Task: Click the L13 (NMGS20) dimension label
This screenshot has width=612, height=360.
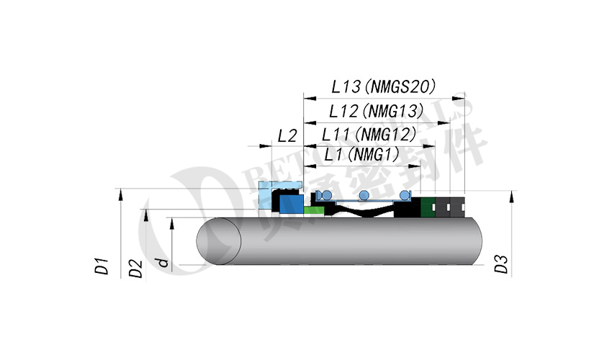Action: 384,87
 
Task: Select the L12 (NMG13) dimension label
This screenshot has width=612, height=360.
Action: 374,112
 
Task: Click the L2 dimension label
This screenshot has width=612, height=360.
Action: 287,135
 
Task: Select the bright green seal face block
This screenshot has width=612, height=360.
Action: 314,210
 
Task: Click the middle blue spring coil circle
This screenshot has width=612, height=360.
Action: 364,194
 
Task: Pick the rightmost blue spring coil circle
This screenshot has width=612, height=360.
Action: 405,194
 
